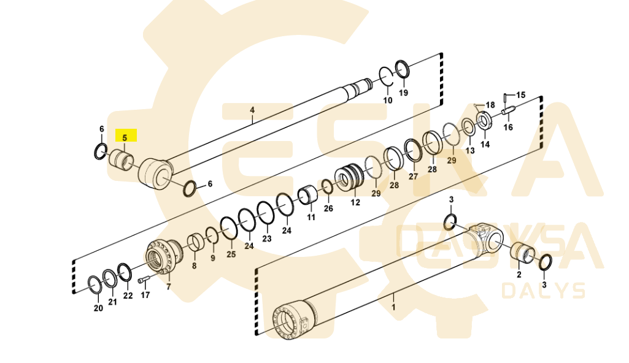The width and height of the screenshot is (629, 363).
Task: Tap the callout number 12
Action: [355, 203]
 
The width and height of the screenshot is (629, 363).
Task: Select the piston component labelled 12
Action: [349, 178]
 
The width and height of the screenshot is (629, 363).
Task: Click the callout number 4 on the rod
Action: [252, 110]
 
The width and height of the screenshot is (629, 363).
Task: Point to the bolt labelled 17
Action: [144, 279]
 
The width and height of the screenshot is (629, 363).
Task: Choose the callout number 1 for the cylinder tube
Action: [393, 307]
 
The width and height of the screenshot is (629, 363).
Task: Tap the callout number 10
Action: [387, 100]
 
